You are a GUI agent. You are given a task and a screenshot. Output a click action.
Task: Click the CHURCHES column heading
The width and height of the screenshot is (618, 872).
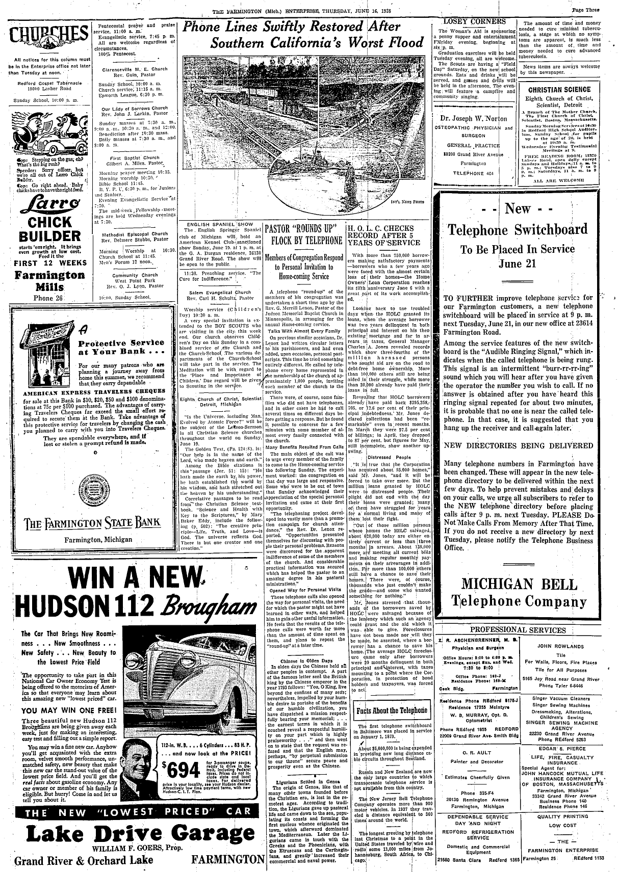tap(46, 38)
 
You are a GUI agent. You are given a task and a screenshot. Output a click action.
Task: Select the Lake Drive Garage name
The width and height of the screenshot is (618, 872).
tap(133, 837)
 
